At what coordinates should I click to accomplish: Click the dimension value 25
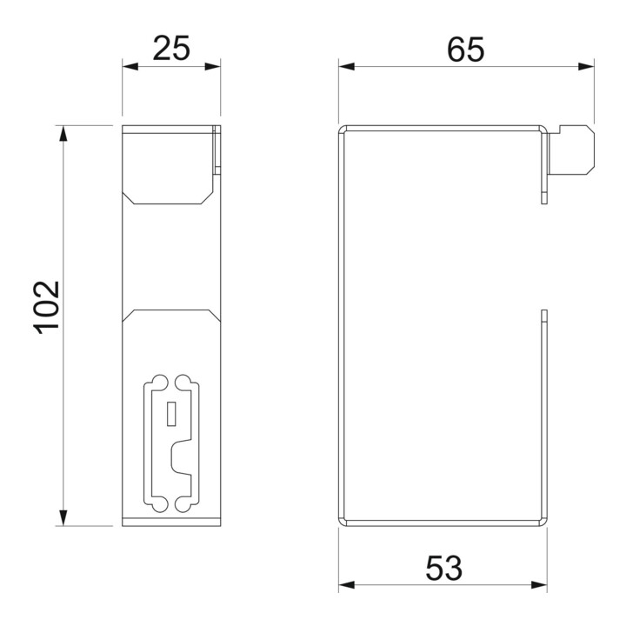[171, 49]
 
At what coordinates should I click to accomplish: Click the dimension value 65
[465, 50]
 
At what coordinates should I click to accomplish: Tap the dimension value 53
[443, 568]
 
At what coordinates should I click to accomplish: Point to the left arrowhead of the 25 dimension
[130, 66]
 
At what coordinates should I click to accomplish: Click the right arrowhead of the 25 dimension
[212, 66]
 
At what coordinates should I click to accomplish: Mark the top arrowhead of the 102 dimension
[63, 133]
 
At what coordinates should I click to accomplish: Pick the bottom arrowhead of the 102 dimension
[63, 518]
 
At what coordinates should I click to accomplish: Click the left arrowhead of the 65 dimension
[347, 66]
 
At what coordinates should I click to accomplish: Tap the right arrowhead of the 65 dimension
[586, 66]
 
